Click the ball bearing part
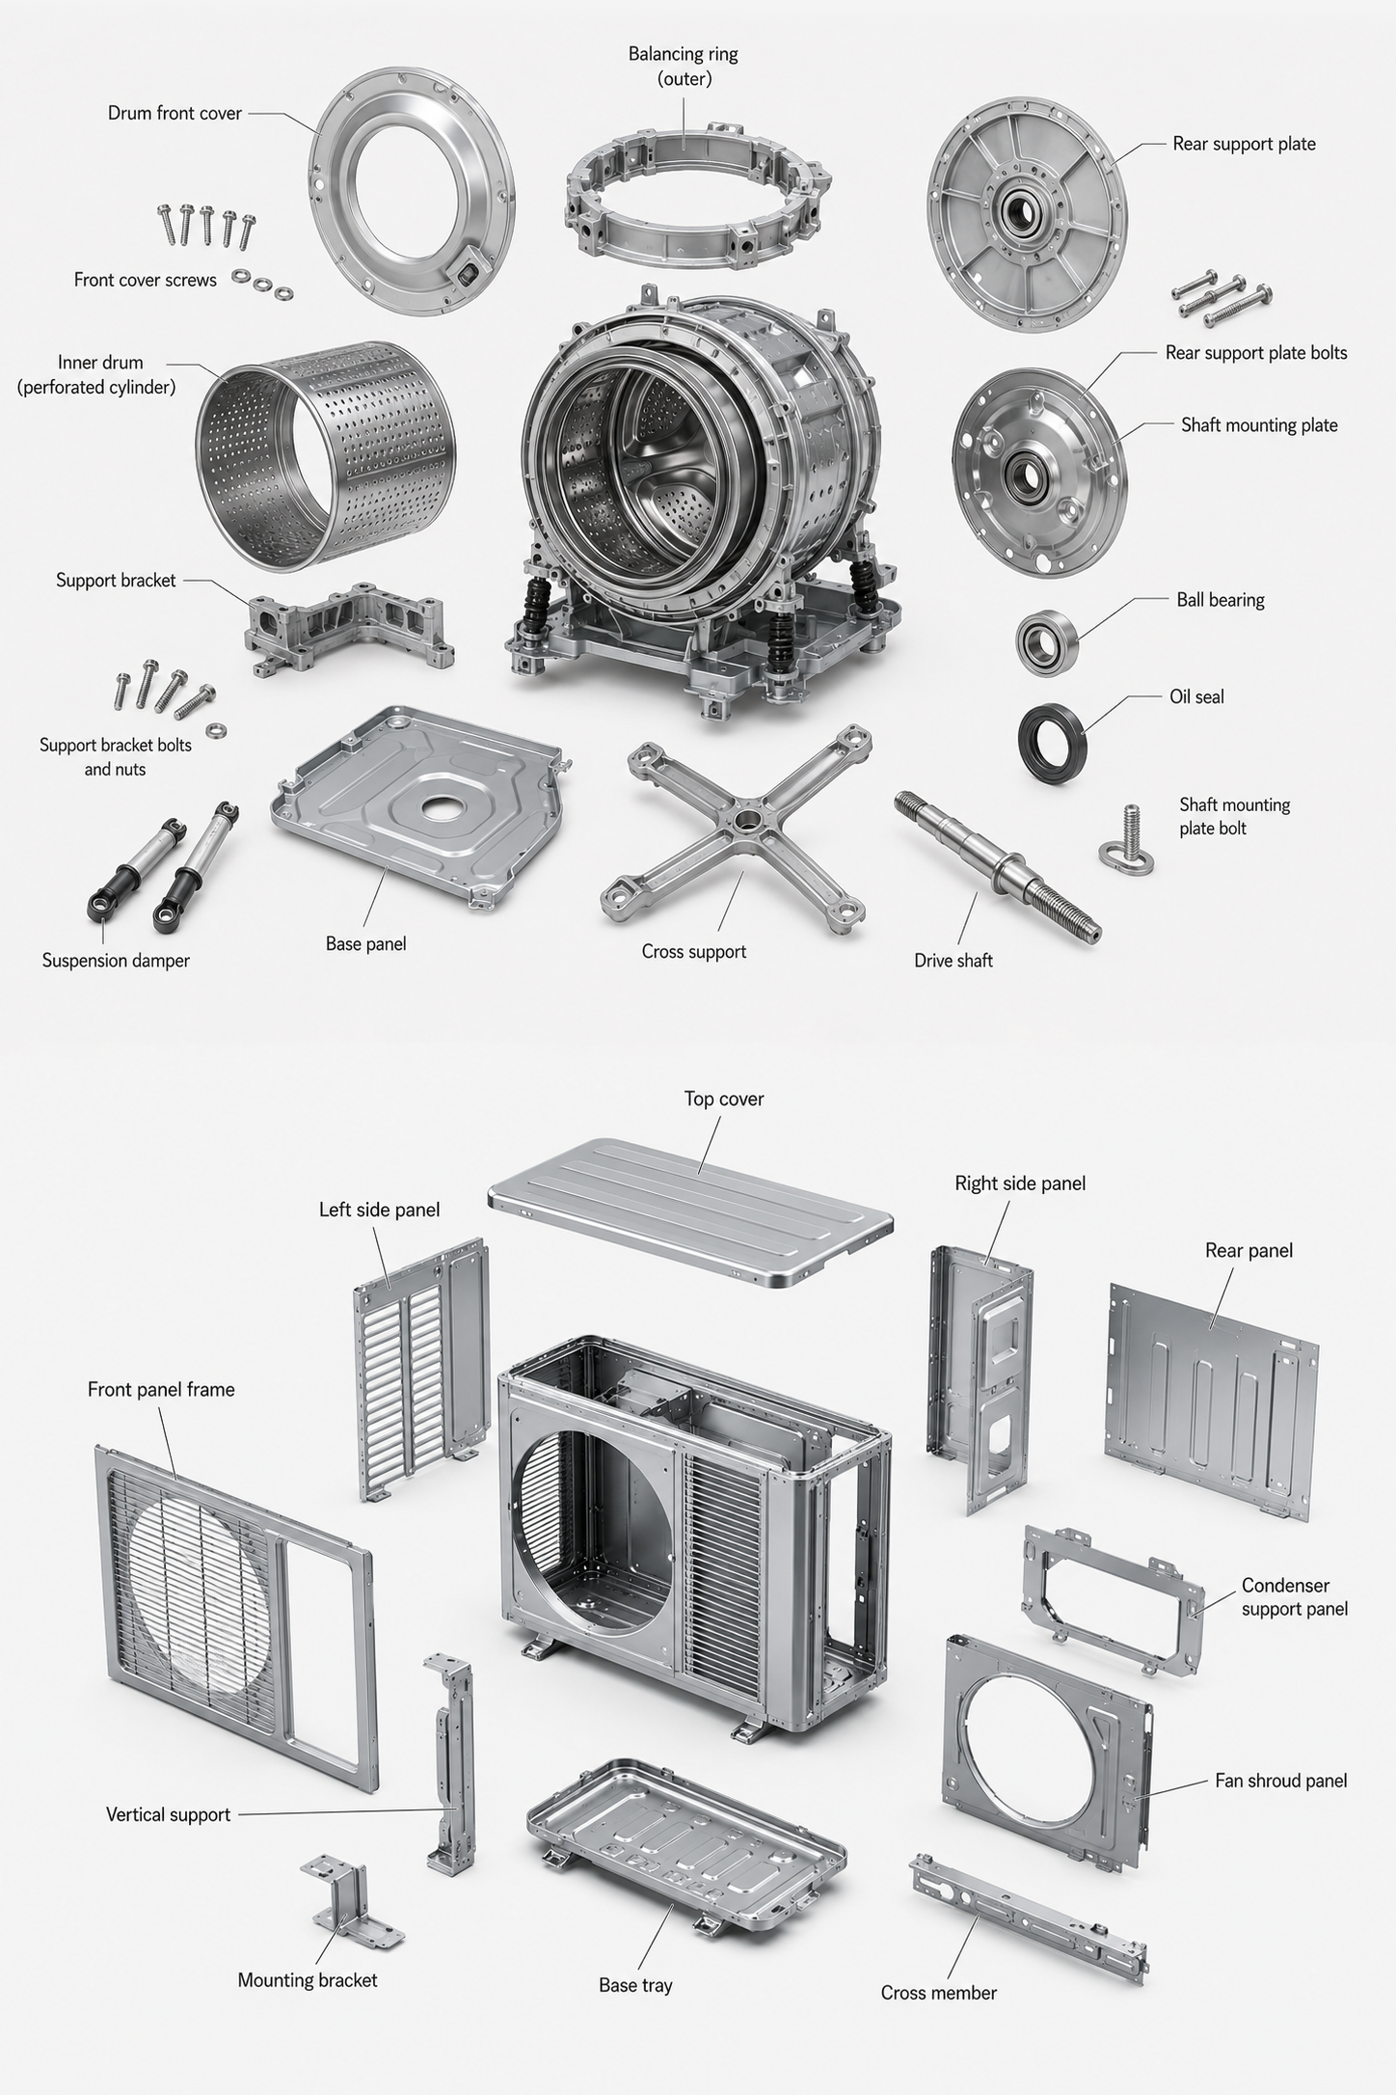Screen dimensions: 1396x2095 pos(1046,639)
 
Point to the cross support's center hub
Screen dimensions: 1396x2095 pos(744,825)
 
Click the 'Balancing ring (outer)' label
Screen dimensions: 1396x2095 pos(684,66)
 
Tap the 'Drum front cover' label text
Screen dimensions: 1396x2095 pos(174,113)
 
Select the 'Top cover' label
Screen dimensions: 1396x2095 pos(724,1099)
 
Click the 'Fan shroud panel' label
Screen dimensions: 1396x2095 pos(1281,1781)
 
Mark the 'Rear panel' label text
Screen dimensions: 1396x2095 pos(1248,1250)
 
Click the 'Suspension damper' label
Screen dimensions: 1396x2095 pos(116,961)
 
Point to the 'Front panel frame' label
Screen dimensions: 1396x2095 pos(161,1389)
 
